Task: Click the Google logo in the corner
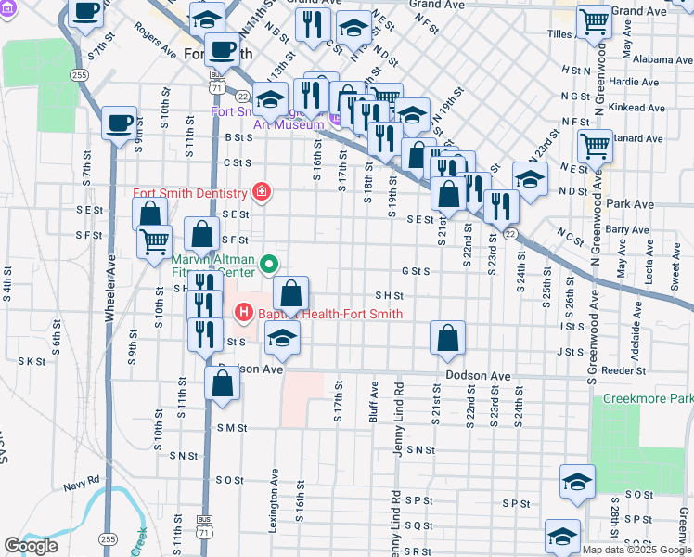coord(31,546)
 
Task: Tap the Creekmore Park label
coord(648,398)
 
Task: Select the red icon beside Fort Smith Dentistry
coord(263,193)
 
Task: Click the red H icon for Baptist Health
coord(245,314)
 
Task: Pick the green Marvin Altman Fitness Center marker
coord(270,266)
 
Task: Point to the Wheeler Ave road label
coord(109,288)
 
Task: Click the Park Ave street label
coord(630,203)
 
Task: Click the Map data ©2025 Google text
coord(636,550)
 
